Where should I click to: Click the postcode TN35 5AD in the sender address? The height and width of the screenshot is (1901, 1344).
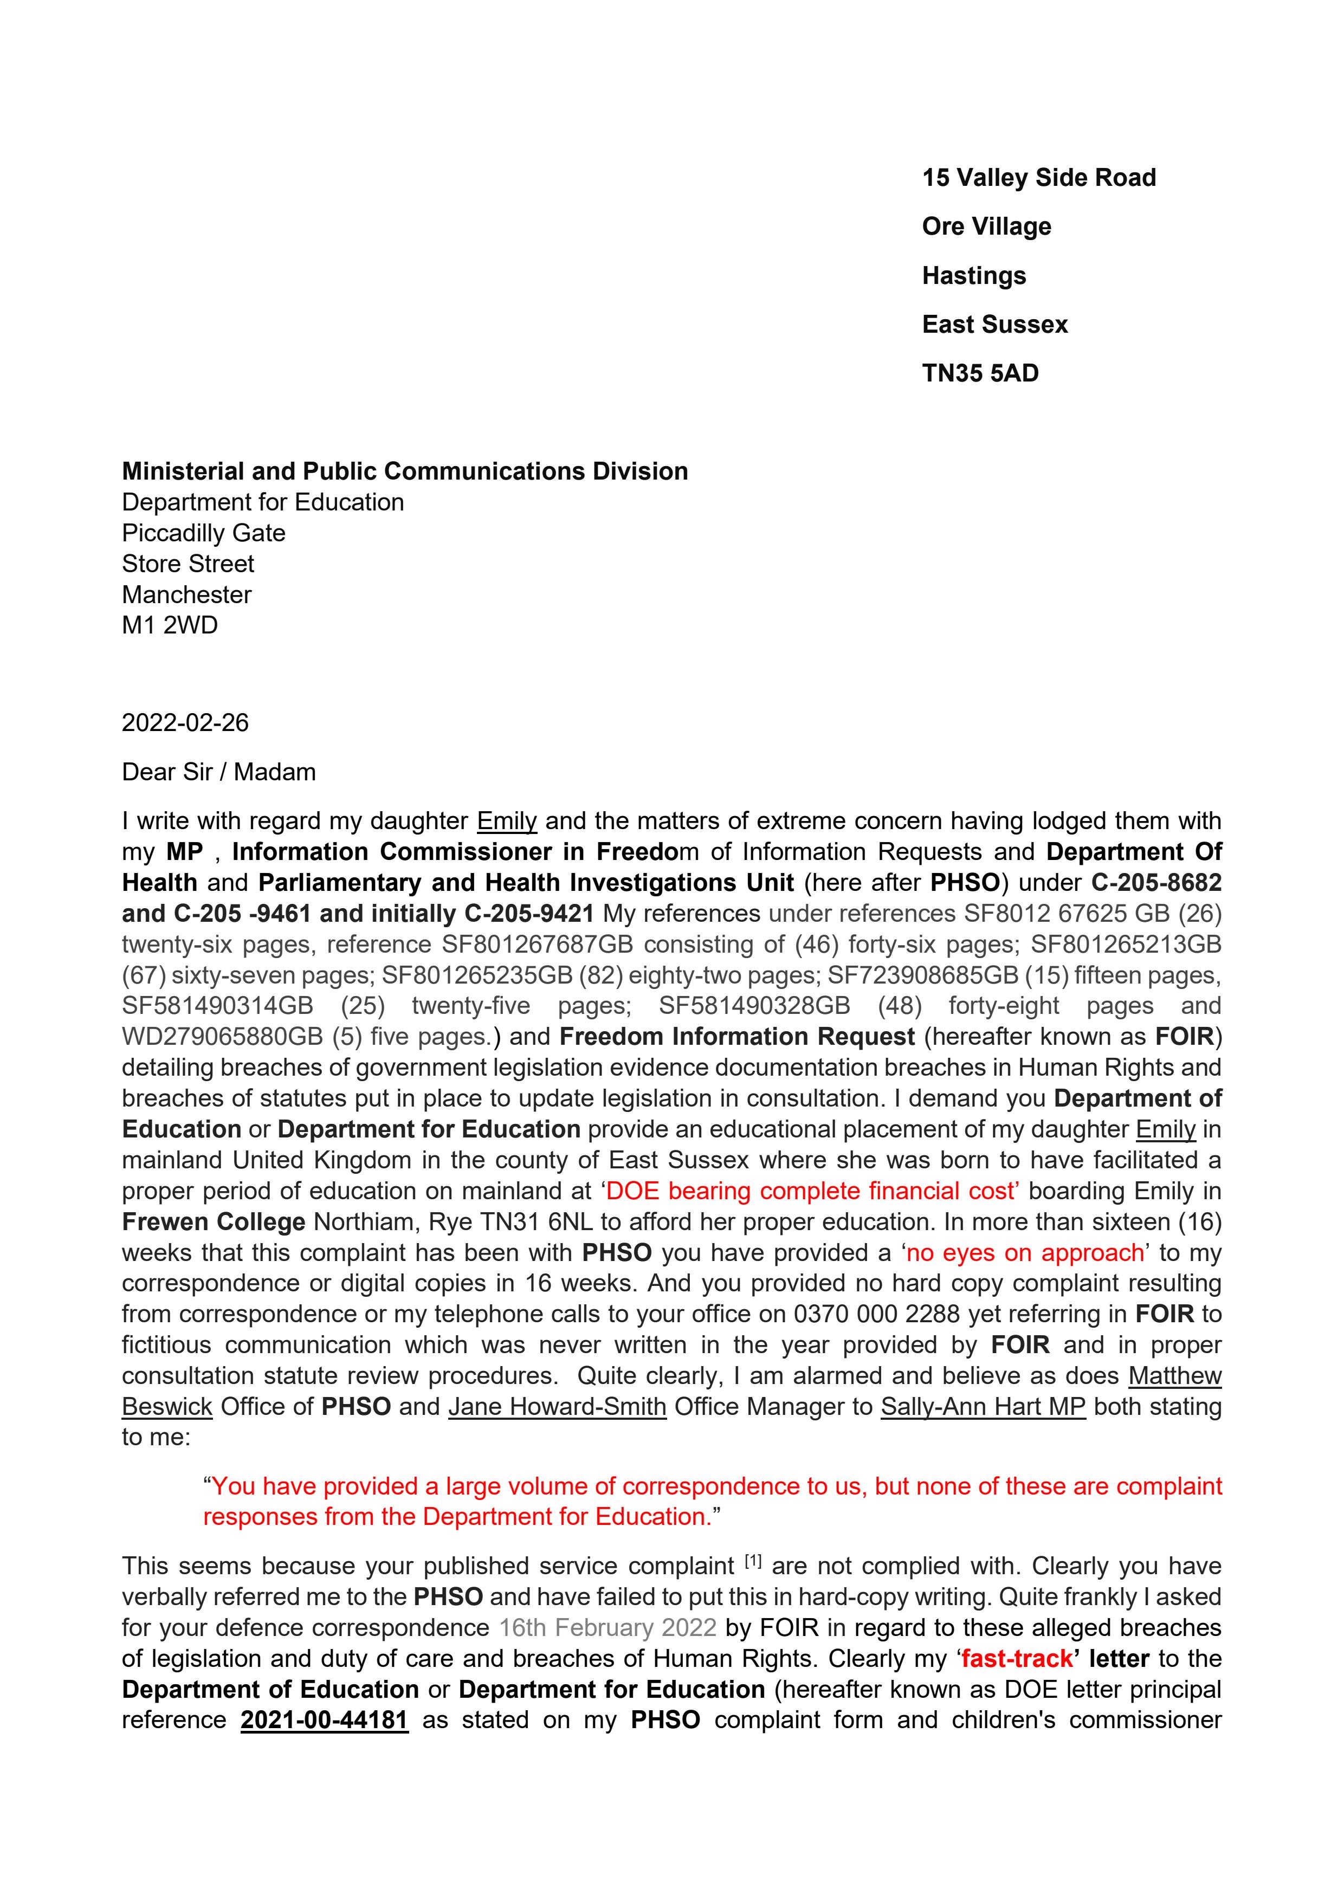(x=980, y=373)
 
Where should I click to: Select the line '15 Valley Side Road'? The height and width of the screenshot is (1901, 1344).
(x=1038, y=178)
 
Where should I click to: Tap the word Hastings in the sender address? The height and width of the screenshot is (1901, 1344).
(x=974, y=276)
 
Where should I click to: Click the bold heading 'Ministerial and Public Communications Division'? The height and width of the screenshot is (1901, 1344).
(x=404, y=471)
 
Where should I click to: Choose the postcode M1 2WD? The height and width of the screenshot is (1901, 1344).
(x=170, y=625)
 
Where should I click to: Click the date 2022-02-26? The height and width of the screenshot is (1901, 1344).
(x=185, y=723)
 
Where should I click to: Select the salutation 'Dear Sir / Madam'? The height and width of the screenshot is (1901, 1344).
(x=218, y=772)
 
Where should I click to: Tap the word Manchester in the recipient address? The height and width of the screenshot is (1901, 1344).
(x=186, y=594)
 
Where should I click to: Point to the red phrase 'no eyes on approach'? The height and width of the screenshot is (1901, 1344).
(x=1025, y=1253)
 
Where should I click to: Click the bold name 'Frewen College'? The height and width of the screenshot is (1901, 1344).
(x=214, y=1222)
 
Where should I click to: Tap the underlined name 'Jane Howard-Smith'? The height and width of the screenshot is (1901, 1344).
(x=557, y=1407)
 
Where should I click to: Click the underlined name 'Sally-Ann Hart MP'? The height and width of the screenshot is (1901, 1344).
(x=983, y=1407)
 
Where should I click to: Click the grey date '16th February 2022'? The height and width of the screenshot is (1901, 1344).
(x=607, y=1628)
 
